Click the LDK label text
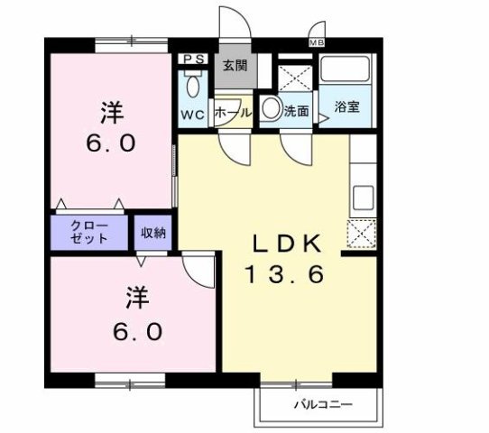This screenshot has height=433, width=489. (285, 244)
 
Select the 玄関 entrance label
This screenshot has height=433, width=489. (236, 66)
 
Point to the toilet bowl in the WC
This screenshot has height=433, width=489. (192, 87)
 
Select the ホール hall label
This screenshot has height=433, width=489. (234, 115)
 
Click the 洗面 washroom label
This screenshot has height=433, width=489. (297, 112)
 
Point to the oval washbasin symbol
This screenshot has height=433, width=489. (272, 109)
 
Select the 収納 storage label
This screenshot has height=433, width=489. (152, 233)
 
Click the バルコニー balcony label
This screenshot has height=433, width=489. (321, 404)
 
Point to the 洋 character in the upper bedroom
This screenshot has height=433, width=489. (110, 114)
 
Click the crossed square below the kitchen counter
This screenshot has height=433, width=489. (362, 235)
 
